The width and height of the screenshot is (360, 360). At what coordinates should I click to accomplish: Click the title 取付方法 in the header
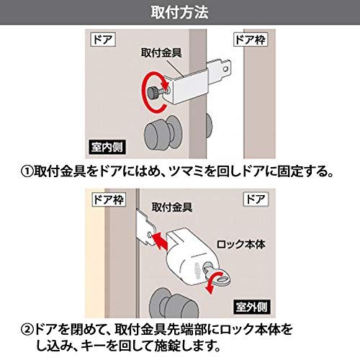(179, 12)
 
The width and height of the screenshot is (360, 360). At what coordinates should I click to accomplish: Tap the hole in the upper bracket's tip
(228, 70)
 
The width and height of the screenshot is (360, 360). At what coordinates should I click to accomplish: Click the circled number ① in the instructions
(26, 172)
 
